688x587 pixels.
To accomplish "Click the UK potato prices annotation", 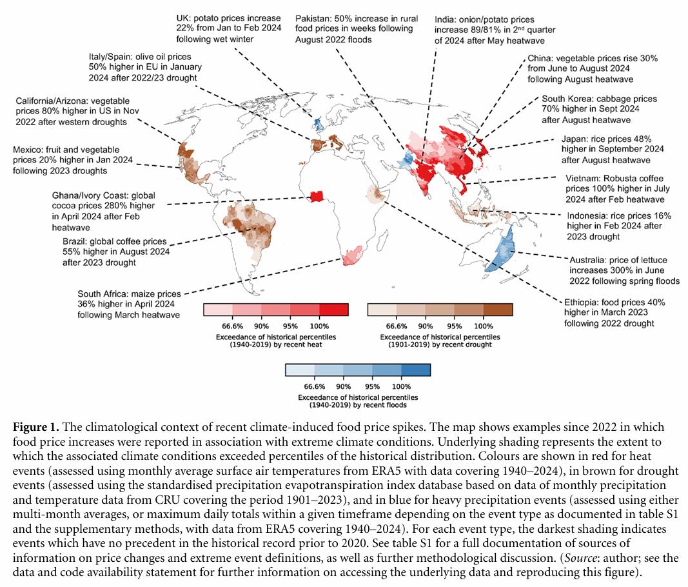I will pos(228,27).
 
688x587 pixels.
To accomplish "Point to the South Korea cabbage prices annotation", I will pos(599,109).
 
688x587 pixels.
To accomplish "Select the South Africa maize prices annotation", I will pos(129,304).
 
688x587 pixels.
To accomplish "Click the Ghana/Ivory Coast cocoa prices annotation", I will pos(104,211).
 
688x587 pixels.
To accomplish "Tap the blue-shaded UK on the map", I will pos(317,123).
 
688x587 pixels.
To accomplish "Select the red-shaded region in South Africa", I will pos(349,255).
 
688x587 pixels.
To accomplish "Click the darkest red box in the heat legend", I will pos(333,310).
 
